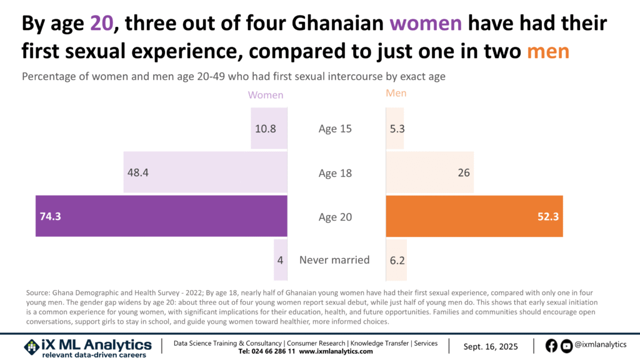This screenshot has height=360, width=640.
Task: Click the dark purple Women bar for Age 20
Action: click(x=161, y=216)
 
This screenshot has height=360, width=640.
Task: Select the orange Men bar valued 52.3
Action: click(x=474, y=216)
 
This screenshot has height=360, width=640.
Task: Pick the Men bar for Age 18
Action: click(x=429, y=172)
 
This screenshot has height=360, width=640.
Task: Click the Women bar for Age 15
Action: click(x=269, y=129)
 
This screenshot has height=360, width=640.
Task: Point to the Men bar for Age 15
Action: click(x=395, y=129)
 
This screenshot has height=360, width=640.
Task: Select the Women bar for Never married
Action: click(x=281, y=260)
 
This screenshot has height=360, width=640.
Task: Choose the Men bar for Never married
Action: click(x=396, y=260)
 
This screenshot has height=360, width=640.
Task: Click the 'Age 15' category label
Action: click(x=335, y=129)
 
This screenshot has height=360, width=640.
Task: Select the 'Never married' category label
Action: click(x=334, y=260)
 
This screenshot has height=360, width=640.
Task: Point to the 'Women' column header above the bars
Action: click(x=266, y=95)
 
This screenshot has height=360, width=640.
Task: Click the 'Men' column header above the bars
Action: click(x=396, y=94)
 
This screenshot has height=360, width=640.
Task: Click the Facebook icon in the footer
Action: click(x=551, y=346)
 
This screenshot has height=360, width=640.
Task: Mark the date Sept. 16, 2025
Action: click(x=491, y=346)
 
